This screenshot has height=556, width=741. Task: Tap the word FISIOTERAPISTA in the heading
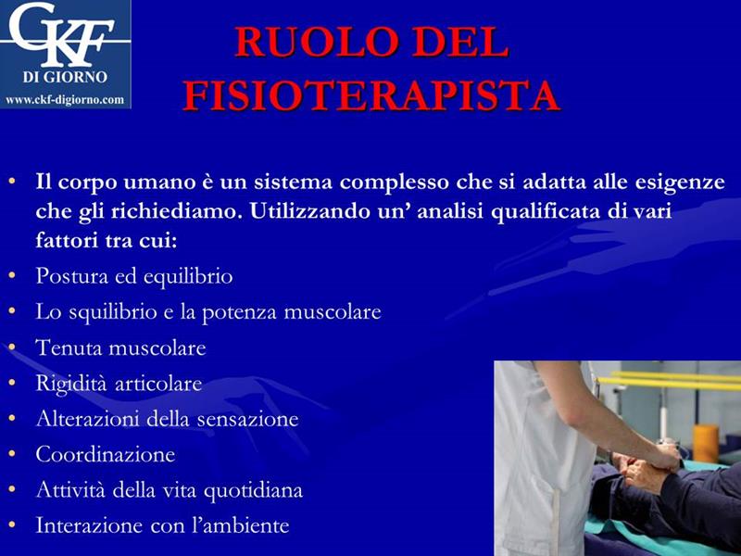coord(372,95)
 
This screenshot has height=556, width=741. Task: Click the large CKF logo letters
coord(62,34)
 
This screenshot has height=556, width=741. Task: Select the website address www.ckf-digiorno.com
coord(65,100)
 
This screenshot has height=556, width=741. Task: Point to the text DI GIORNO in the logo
coord(65,77)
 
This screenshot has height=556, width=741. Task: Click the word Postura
coord(72,275)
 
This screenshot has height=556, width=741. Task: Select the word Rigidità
coord(72,384)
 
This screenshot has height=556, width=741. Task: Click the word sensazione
coord(247,419)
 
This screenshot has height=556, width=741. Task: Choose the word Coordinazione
coord(106,454)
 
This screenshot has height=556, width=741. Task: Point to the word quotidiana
coord(253,490)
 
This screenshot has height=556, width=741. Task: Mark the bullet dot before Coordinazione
coord(12,454)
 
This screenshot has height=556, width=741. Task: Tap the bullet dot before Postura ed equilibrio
coord(12,274)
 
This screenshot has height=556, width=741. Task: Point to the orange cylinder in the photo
coord(706,444)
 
